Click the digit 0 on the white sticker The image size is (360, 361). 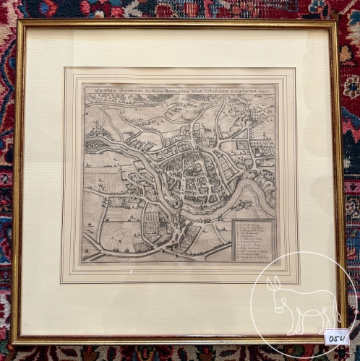tap(330, 337)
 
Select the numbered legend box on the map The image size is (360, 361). tap(253, 240)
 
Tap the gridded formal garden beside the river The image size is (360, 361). tap(153, 224)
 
